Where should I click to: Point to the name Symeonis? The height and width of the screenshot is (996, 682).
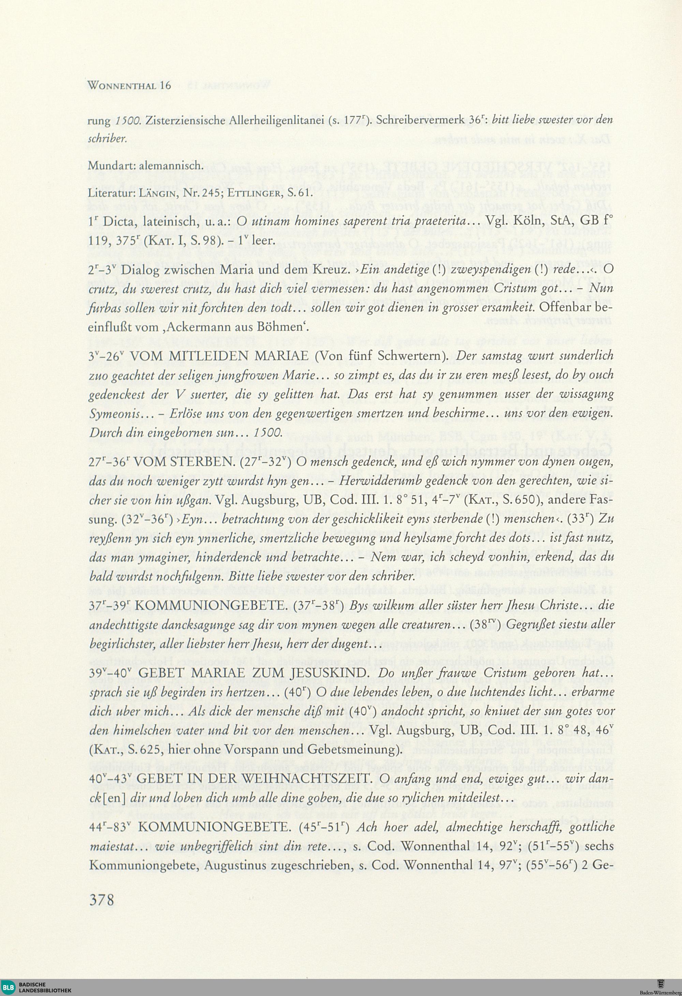click(x=114, y=414)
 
